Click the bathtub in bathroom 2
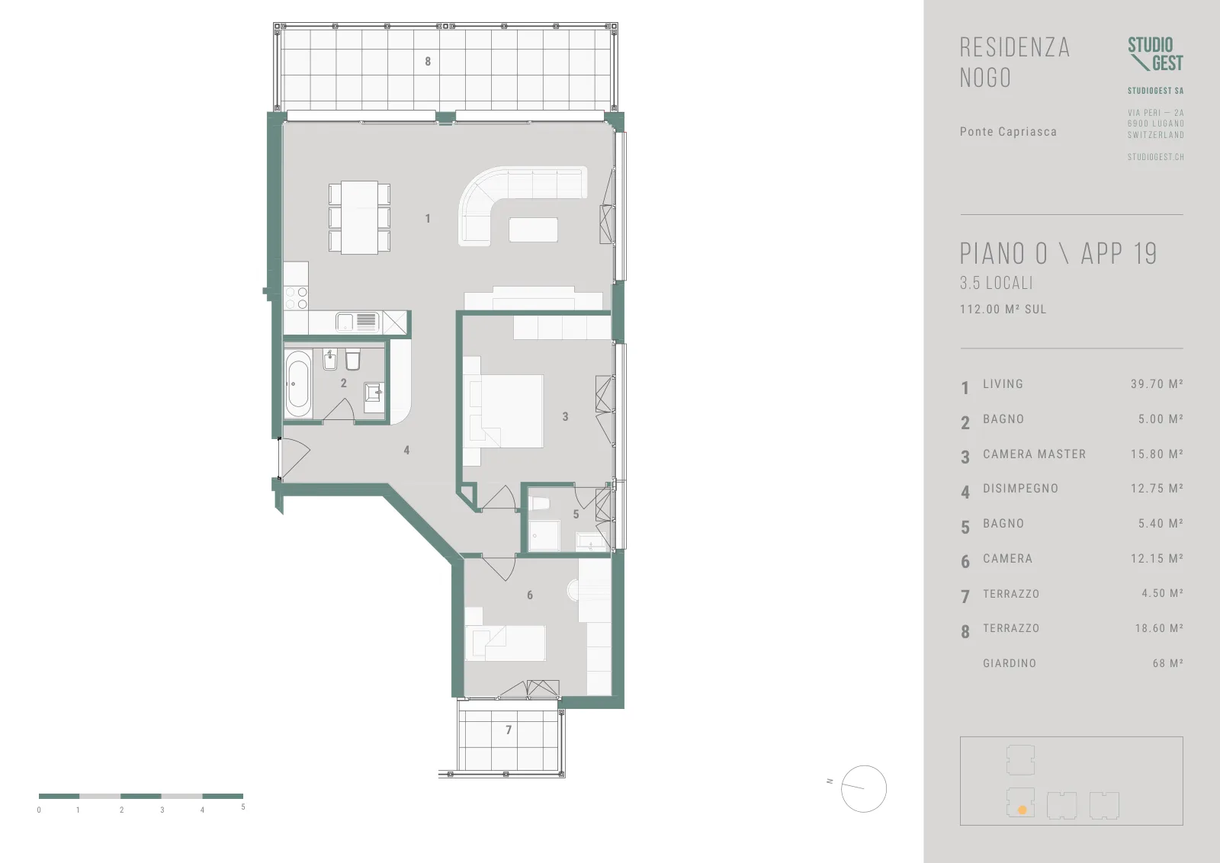click(298, 384)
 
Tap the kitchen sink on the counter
click(357, 322)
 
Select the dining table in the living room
click(359, 217)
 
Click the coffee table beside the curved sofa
click(533, 229)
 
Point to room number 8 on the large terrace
click(428, 62)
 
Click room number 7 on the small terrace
click(509, 730)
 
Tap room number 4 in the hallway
click(406, 451)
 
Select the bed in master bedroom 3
click(503, 411)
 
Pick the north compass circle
click(864, 788)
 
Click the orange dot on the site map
click(1023, 810)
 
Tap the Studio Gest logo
click(1156, 54)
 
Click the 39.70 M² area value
click(1157, 384)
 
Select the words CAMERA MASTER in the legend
click(1034, 454)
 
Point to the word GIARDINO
click(1010, 663)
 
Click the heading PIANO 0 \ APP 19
click(1058, 253)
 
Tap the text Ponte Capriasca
click(1008, 132)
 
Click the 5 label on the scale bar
click(243, 807)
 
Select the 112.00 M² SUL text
click(1003, 310)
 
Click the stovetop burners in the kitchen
click(297, 298)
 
